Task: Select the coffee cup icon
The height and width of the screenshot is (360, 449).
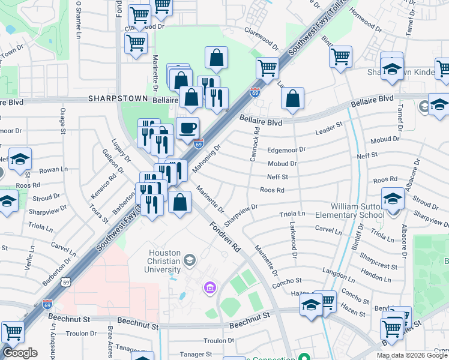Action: coord(188,128)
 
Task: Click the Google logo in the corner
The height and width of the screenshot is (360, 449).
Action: coord(20,353)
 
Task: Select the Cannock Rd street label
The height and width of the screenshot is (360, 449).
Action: coord(256,144)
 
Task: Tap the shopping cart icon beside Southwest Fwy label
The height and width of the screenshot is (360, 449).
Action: coord(267,67)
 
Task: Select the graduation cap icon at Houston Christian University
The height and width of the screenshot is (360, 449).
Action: coord(190,260)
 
